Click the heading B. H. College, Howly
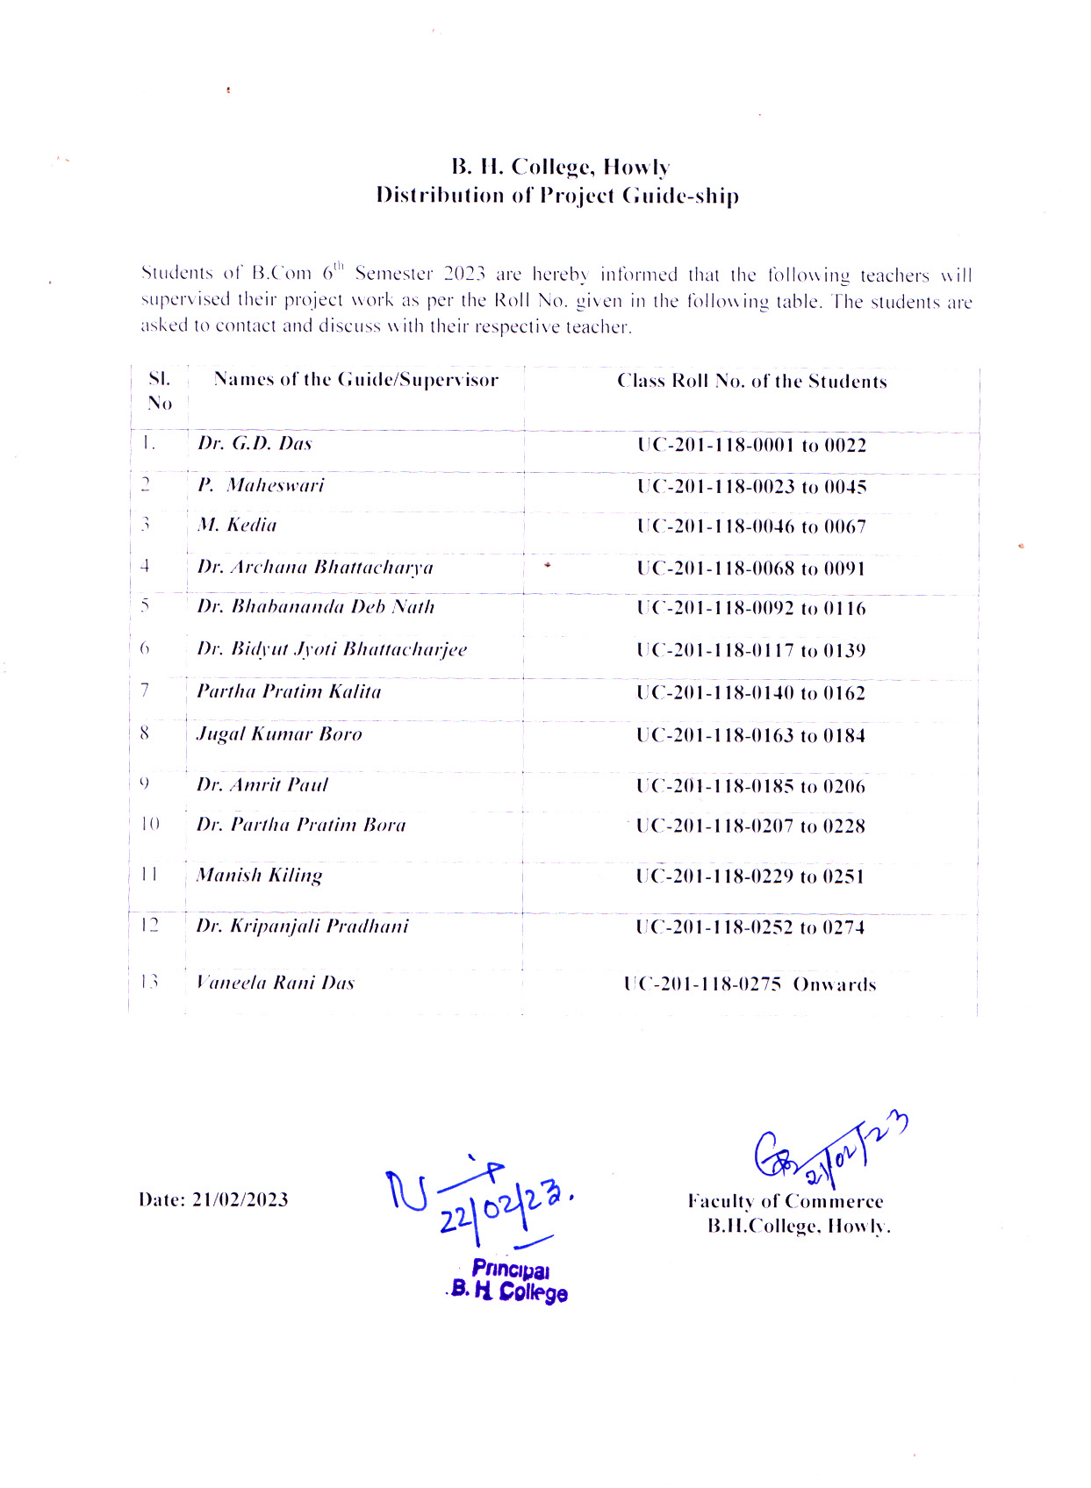click(x=561, y=167)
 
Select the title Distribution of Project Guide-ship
click(x=557, y=195)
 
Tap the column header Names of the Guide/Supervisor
click(x=355, y=380)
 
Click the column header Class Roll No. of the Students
click(x=751, y=382)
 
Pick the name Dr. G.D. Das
click(x=255, y=443)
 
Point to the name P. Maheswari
click(x=261, y=485)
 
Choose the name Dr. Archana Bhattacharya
click(x=315, y=568)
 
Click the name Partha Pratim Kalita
click(x=289, y=691)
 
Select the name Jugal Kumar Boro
click(x=279, y=734)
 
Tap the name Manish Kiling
click(x=260, y=875)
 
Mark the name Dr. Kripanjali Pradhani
click(x=302, y=926)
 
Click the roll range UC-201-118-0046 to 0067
click(x=751, y=527)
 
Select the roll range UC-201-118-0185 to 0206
click(x=750, y=786)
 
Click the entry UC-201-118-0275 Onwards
click(x=750, y=984)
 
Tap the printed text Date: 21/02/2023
click(x=213, y=1199)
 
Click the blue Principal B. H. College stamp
click(x=509, y=1280)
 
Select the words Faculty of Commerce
click(x=785, y=1201)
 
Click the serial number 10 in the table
click(x=150, y=824)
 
